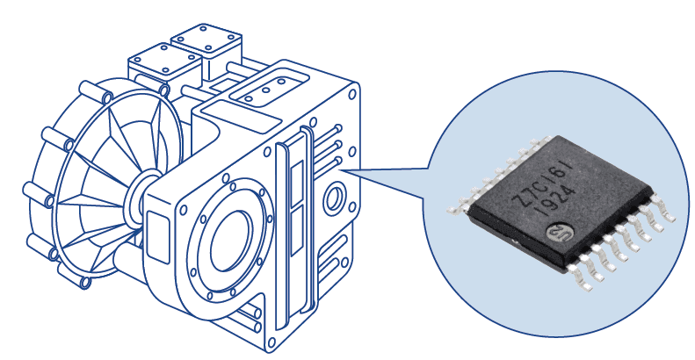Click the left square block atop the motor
165,63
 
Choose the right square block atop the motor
206,44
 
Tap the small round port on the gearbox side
334,198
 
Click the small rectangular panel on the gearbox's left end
158,237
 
